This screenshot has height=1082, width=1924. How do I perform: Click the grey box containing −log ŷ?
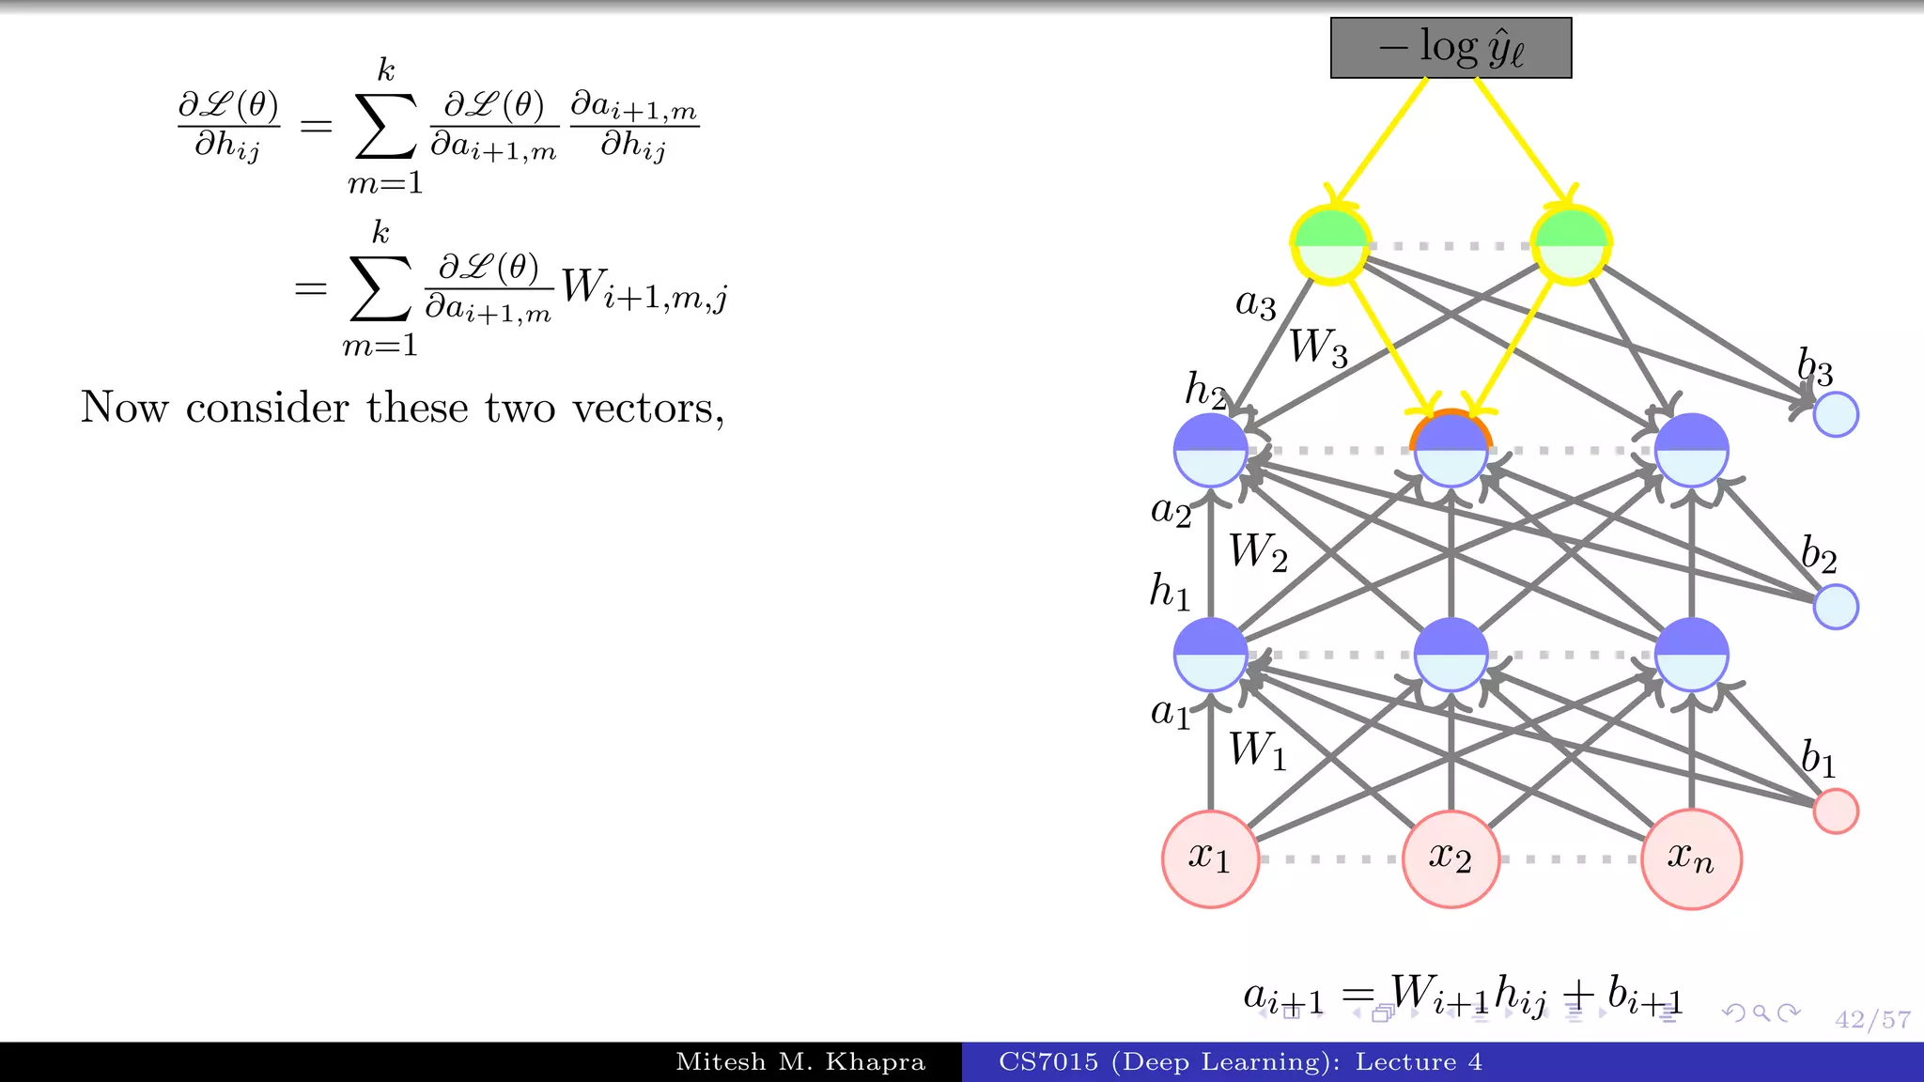point(1451,48)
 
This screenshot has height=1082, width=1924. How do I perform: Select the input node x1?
point(1210,858)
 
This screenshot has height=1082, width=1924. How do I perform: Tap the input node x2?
point(1451,858)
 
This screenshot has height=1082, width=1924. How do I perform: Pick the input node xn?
point(1691,858)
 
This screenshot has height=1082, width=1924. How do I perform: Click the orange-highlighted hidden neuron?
point(1451,450)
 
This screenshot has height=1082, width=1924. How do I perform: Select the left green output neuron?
point(1330,245)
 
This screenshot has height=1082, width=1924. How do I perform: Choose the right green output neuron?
point(1571,245)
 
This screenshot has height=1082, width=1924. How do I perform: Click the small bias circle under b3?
point(1836,414)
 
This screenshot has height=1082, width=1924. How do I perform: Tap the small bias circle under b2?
point(1836,606)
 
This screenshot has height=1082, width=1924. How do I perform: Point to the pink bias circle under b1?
point(1836,811)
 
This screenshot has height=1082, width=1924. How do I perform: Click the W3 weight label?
point(1318,348)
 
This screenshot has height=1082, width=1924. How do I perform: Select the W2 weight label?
point(1258,552)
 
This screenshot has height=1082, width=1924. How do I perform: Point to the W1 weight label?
point(1258,751)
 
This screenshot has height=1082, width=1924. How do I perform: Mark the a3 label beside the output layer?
point(1256,303)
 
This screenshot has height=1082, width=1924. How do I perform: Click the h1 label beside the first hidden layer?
point(1170,592)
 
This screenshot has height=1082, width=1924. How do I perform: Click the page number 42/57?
point(1872,1020)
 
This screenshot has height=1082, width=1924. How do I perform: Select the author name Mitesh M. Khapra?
point(800,1062)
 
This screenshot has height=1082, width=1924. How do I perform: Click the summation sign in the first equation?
point(385,126)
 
